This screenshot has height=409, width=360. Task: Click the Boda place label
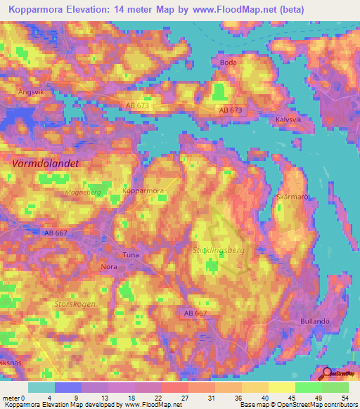(x=229, y=63)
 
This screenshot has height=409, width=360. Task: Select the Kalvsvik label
(x=288, y=120)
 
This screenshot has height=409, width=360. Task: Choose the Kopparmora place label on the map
(x=143, y=190)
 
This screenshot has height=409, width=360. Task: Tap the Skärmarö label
(x=293, y=197)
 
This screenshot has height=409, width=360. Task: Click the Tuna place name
(x=131, y=255)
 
